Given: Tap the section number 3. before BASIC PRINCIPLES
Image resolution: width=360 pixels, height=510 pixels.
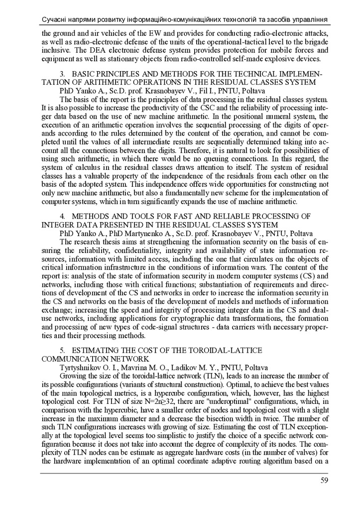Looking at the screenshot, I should [62, 74].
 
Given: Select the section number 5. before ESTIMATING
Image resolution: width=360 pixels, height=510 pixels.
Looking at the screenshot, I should [62, 350].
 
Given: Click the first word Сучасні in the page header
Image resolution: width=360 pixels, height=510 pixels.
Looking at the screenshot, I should [57, 19].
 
